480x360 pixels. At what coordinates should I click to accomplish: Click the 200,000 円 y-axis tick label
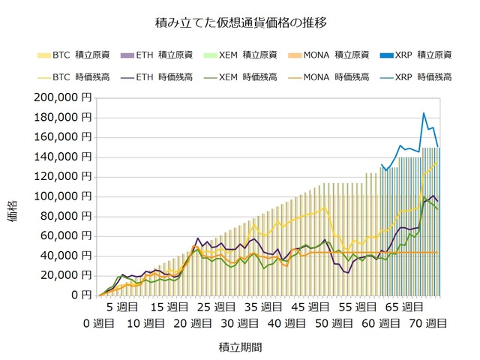(x=64, y=97)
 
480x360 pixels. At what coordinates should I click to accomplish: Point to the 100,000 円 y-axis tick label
(x=64, y=196)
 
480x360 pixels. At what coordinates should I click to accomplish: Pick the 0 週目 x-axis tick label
(x=98, y=323)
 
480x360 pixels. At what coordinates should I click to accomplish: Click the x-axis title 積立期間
(x=241, y=348)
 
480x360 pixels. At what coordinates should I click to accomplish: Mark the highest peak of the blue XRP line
(x=424, y=113)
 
